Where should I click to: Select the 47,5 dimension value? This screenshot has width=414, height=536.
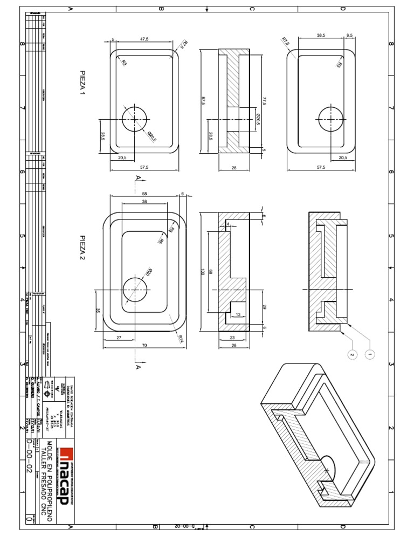[145, 39]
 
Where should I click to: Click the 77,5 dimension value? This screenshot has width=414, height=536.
[265, 101]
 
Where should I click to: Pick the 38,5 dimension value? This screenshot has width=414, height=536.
[321, 35]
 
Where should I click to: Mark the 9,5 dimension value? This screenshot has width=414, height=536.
[349, 35]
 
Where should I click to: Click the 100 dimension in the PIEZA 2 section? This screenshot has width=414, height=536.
[203, 273]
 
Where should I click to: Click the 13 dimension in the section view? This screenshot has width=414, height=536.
[238, 314]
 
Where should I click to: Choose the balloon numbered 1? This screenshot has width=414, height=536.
[370, 354]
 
